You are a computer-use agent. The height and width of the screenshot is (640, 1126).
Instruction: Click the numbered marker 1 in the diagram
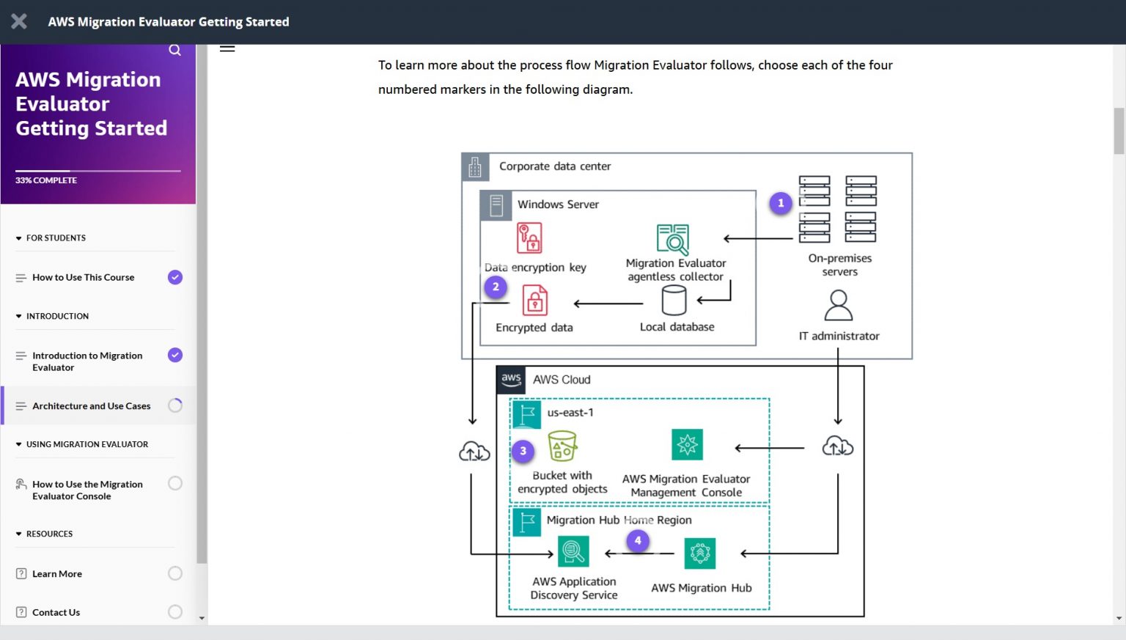(x=781, y=203)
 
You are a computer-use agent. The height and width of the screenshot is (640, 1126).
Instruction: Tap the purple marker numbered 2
(x=496, y=287)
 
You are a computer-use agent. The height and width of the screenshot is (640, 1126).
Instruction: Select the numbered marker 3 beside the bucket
(x=523, y=451)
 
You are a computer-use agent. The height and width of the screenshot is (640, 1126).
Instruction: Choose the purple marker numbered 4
(x=638, y=541)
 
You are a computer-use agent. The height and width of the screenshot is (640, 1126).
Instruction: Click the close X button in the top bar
(x=19, y=22)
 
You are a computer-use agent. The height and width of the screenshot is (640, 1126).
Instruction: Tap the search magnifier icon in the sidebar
(x=174, y=50)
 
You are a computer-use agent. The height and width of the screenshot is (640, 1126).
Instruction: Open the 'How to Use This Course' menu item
(x=84, y=277)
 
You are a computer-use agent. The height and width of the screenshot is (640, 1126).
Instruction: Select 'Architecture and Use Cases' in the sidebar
(x=92, y=405)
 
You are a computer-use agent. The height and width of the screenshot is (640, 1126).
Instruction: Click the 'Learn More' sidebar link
(x=57, y=573)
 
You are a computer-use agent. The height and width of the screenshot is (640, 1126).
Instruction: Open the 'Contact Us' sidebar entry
(x=56, y=612)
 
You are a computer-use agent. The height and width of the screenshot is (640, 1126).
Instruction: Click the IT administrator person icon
(x=838, y=306)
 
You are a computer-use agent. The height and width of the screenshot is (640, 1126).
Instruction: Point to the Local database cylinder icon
(x=674, y=300)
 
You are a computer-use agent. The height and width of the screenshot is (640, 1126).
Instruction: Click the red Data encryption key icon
(x=529, y=238)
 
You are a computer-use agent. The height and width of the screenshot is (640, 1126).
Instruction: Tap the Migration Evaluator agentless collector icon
(x=673, y=240)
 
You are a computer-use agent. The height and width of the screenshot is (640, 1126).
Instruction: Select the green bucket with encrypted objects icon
(x=562, y=446)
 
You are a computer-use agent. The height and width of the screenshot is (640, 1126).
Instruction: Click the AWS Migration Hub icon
(x=700, y=553)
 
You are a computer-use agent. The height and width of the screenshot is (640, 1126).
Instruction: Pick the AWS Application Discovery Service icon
(x=573, y=551)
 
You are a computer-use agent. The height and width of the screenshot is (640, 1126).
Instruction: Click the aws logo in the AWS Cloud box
(x=511, y=379)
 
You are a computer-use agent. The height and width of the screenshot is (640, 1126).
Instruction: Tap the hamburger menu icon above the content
(x=227, y=48)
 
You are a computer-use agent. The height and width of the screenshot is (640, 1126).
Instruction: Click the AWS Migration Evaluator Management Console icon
(x=687, y=444)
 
